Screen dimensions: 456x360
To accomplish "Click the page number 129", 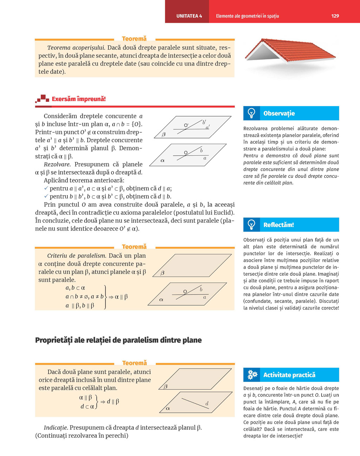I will point(335,16).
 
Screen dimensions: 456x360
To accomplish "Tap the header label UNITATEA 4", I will point(189,16).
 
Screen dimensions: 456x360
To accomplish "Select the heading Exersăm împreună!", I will point(79,99).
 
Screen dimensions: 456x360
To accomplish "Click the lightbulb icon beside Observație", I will point(251,113).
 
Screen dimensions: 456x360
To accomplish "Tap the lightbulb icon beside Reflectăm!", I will point(251,224).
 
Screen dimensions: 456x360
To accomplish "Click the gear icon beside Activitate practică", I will point(252,375).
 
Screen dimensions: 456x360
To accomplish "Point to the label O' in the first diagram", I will point(186,125).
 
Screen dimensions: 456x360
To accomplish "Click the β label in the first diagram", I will point(163,135).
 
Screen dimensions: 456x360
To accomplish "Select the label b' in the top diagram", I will point(204,122).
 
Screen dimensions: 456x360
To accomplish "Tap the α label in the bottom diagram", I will point(168,408).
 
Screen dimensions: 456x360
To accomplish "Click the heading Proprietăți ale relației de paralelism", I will point(118,340).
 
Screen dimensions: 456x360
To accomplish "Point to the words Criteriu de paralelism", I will point(76,256).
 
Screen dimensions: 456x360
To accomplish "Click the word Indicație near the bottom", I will point(56,428).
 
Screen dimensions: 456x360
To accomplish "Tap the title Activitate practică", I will point(289,375).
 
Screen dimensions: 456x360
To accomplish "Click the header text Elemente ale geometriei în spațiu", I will point(247,16).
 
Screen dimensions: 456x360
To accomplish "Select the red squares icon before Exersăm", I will point(43,99).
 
